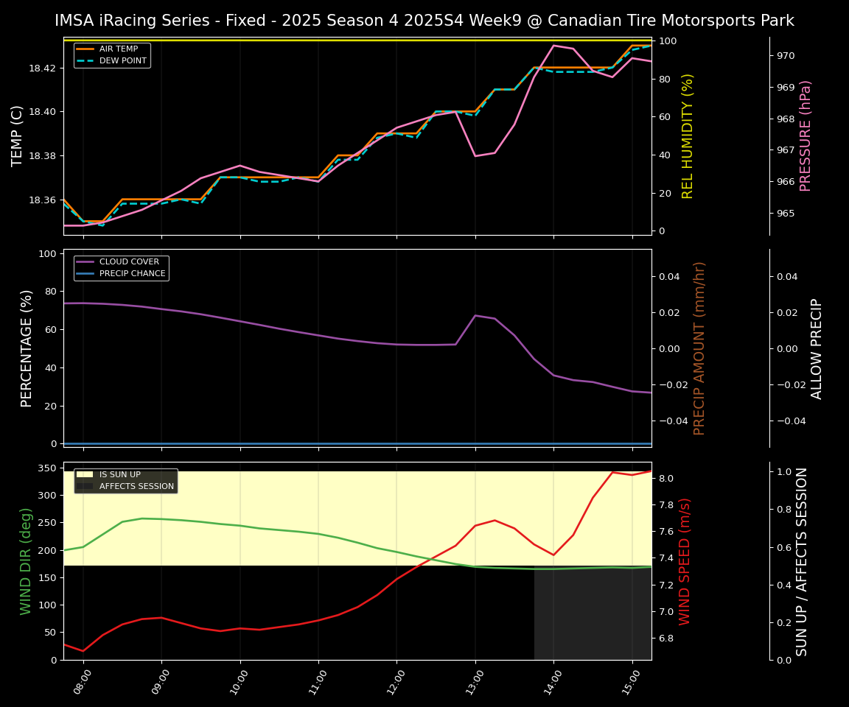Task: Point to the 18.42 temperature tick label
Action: (x=43, y=68)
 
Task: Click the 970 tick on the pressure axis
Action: (x=786, y=56)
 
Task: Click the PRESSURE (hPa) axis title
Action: (x=806, y=136)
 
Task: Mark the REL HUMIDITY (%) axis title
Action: (x=688, y=136)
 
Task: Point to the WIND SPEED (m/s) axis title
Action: (x=685, y=561)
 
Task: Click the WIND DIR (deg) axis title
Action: (x=27, y=561)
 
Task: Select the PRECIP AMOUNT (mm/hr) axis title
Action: (x=700, y=348)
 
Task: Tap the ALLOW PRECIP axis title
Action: (x=817, y=348)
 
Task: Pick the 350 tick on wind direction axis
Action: (x=48, y=468)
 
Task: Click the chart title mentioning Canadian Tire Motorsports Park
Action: (x=424, y=21)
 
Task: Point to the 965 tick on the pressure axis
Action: (x=786, y=214)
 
